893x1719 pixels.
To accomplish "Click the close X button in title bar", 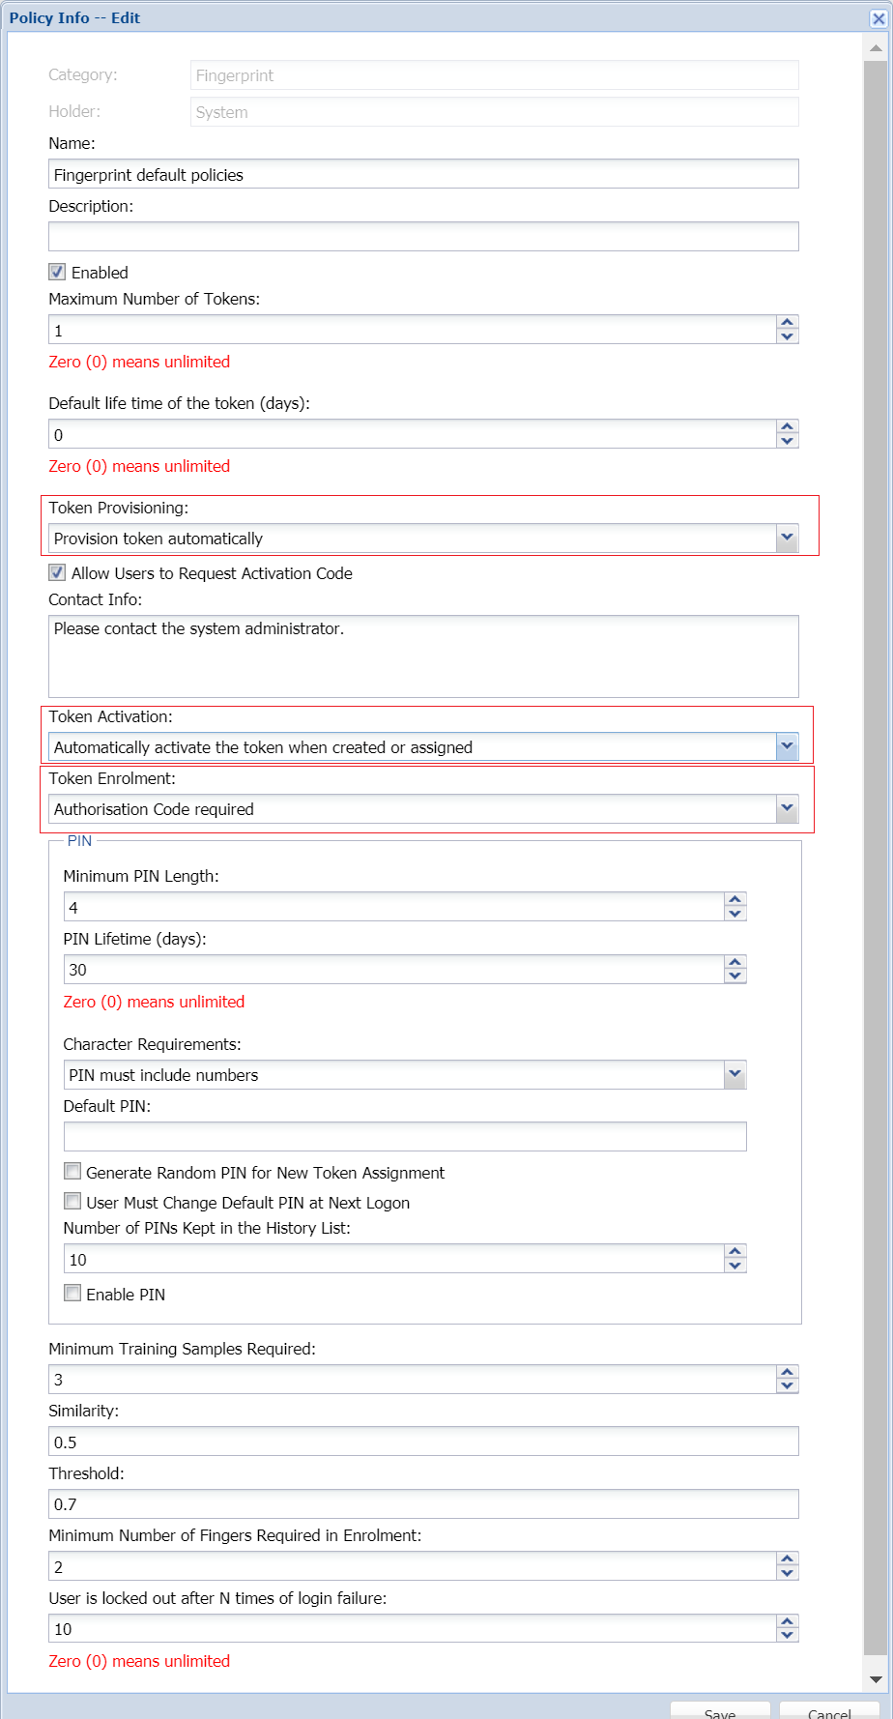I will (x=878, y=18).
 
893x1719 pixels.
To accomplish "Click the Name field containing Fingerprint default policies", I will (x=422, y=174).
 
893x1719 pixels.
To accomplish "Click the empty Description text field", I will (x=422, y=237).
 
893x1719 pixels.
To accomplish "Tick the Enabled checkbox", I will (x=58, y=272).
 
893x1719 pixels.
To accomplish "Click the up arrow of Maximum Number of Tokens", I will (x=787, y=323).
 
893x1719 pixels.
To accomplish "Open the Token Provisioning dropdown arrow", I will (x=787, y=538).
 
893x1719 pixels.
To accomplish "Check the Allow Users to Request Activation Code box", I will (x=58, y=572).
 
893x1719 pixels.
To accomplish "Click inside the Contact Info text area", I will (x=422, y=656).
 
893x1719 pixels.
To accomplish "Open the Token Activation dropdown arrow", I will (x=787, y=746).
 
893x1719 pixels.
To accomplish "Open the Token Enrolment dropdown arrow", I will (x=787, y=808).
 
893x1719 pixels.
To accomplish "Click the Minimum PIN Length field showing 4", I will (x=392, y=907).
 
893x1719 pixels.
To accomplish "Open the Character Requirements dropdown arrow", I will (x=735, y=1074).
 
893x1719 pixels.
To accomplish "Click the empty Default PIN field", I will (x=404, y=1136).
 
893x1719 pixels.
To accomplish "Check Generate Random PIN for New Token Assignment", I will (x=72, y=1172).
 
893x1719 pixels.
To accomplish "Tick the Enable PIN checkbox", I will (x=72, y=1294).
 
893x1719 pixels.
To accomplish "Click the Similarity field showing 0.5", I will (x=422, y=1442).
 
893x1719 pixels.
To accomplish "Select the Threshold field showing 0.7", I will (x=422, y=1503).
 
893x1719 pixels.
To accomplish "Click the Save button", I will (x=720, y=1711).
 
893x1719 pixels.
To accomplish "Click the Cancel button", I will (x=828, y=1711).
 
